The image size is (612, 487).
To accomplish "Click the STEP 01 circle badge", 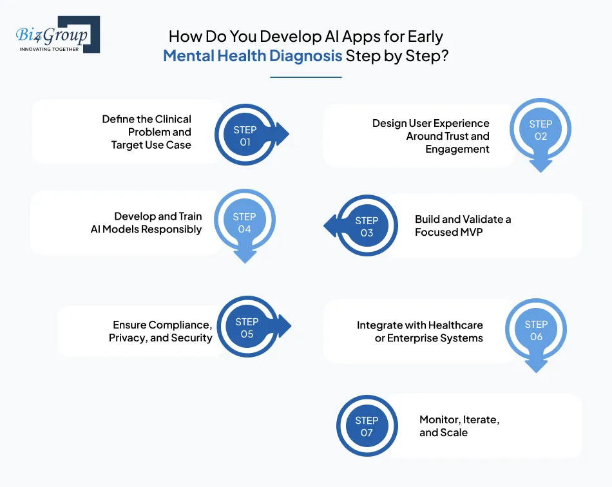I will (245, 136).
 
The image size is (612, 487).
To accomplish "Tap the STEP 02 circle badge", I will (540, 130).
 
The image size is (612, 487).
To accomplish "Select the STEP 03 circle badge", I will (367, 226).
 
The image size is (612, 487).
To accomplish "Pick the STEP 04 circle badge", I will (244, 223).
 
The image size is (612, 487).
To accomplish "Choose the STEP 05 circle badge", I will (247, 328).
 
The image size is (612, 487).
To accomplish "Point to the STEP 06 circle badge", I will (536, 330).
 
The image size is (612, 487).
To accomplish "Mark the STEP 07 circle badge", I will (367, 426).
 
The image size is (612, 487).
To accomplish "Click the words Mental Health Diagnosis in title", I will (253, 55).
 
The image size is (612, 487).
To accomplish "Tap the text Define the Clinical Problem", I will (147, 126).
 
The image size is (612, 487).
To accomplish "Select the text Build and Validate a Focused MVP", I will (463, 226).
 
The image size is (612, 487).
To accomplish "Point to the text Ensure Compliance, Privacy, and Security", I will (160, 331).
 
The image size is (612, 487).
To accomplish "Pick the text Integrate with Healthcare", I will (420, 325).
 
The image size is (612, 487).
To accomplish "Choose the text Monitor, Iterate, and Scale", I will (459, 426).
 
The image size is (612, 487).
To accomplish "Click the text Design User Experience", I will (431, 123).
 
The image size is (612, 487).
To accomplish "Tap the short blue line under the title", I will (305, 77).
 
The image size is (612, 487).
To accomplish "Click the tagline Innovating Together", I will (49, 49).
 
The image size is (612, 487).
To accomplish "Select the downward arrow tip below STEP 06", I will (536, 368).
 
